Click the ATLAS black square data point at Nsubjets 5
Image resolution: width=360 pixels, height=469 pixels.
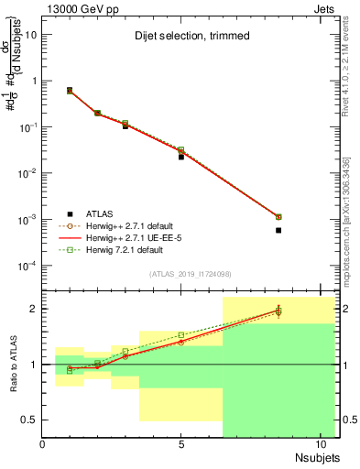181,157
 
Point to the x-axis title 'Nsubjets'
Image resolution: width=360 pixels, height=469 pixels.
317,457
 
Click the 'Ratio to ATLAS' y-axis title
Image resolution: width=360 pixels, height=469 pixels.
13,364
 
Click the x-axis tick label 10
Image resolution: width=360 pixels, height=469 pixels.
321,444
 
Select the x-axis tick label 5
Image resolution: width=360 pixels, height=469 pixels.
181,444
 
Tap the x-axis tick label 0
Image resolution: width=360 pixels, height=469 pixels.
43,444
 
